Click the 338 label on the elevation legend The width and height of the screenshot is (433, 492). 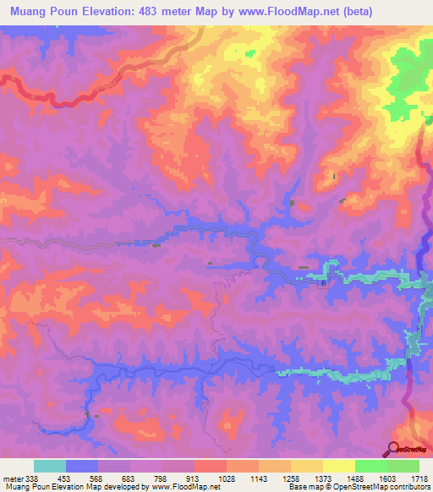click(x=32, y=478)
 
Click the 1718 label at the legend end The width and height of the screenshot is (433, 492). click(x=419, y=478)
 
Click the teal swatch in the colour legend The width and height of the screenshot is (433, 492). click(x=50, y=466)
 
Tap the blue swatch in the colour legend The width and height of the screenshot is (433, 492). click(x=82, y=466)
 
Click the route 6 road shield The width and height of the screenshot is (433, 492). click(x=322, y=284)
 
